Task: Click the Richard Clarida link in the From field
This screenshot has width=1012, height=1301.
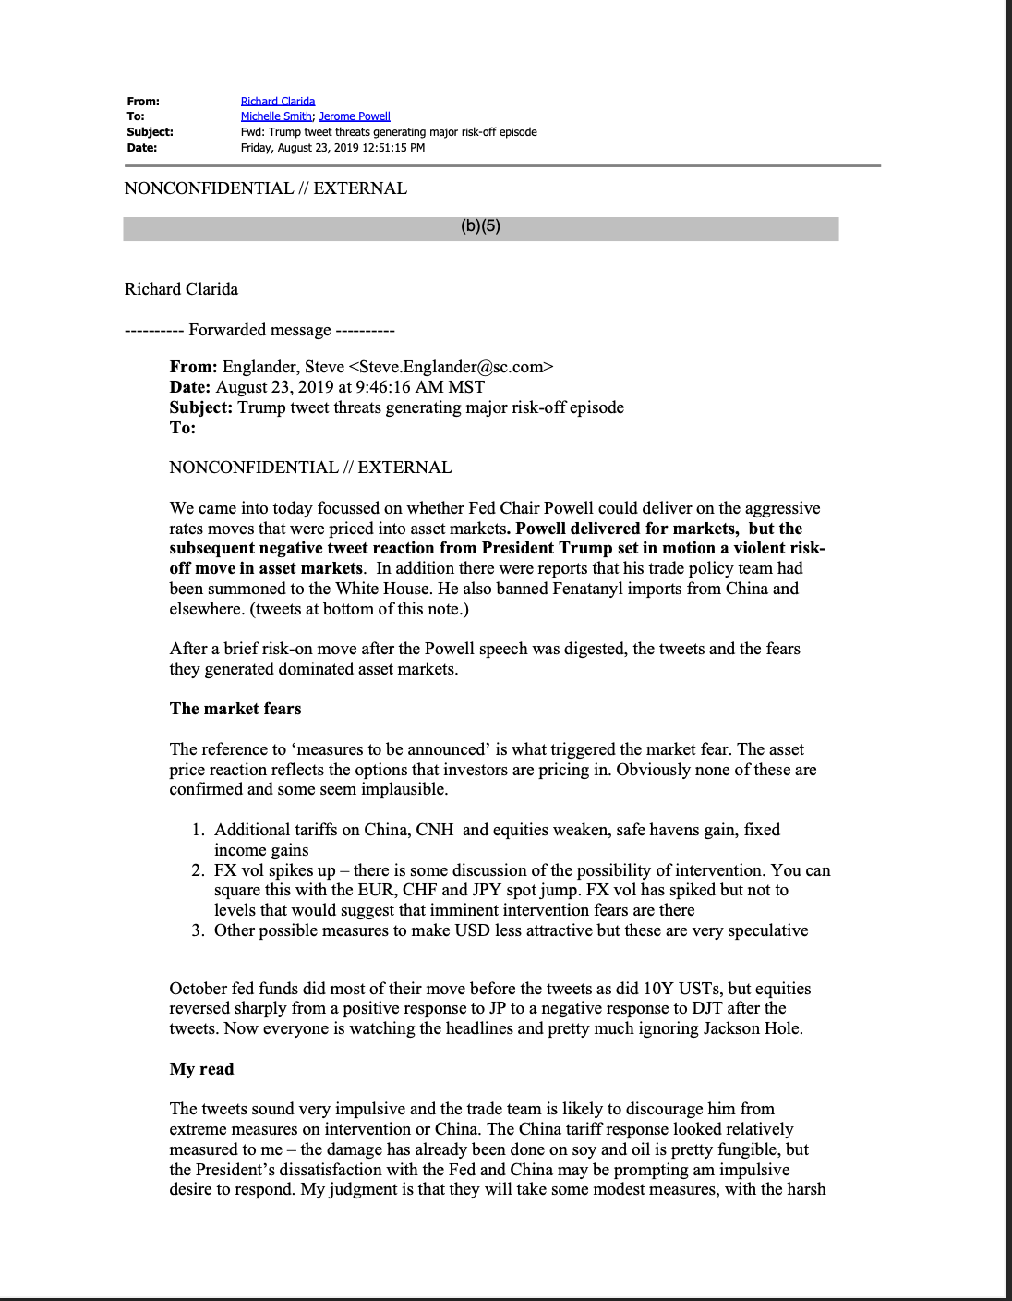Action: click(278, 102)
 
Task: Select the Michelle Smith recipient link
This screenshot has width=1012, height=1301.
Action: click(276, 116)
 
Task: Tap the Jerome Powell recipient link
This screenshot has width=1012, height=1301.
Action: click(355, 116)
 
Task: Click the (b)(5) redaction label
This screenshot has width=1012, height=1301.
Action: click(480, 226)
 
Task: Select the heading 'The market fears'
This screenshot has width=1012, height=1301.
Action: click(235, 709)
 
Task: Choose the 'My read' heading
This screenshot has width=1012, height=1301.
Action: click(201, 1069)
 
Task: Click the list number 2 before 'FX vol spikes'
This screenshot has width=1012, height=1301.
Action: click(198, 870)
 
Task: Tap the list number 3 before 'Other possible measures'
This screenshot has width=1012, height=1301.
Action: click(198, 930)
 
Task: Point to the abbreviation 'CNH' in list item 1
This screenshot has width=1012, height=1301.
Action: click(434, 830)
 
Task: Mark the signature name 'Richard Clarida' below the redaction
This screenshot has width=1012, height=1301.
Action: click(181, 289)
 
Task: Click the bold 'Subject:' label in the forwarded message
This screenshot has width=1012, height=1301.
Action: click(200, 407)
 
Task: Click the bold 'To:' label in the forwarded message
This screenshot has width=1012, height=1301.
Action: click(183, 428)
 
